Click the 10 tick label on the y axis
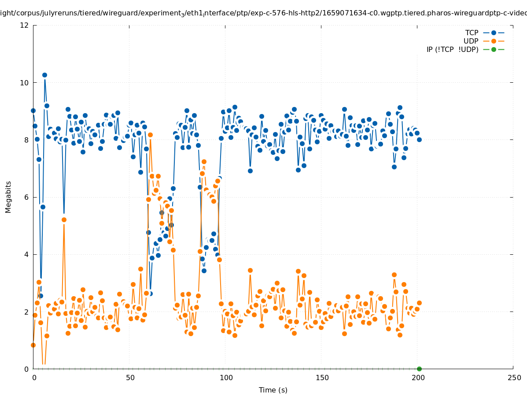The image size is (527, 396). [x=25, y=83]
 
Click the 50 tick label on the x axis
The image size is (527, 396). [x=129, y=378]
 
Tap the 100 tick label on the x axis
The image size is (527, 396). [x=225, y=378]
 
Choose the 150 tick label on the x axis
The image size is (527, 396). [x=321, y=378]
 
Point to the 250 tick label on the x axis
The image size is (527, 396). [x=513, y=378]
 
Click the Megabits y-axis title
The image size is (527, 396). [x=8, y=197]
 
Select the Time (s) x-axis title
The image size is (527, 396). [x=273, y=390]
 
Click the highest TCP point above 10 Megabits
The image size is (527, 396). [x=44, y=75]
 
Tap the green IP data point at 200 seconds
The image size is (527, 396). [x=419, y=369]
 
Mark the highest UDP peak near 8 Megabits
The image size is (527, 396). [x=150, y=135]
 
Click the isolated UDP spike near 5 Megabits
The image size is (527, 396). [x=64, y=220]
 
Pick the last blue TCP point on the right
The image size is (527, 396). [x=419, y=139]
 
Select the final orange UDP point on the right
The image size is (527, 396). [x=419, y=303]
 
